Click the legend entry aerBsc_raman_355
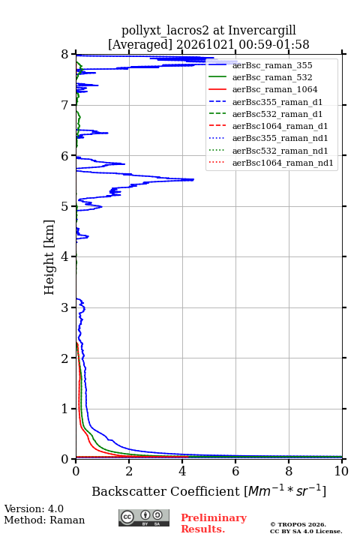272,65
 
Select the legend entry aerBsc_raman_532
272,77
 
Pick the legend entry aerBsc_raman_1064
275,89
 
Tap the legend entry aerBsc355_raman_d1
277,102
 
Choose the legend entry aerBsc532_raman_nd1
280,151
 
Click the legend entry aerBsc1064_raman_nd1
283,163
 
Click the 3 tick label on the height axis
64,307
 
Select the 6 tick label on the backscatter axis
235,471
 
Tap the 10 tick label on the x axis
341,471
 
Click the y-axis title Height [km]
49,257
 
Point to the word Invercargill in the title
262,30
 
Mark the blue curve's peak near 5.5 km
193,179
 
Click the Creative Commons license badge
144,518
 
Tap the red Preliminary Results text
214,523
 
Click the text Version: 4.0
34,508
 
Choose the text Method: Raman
44,520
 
